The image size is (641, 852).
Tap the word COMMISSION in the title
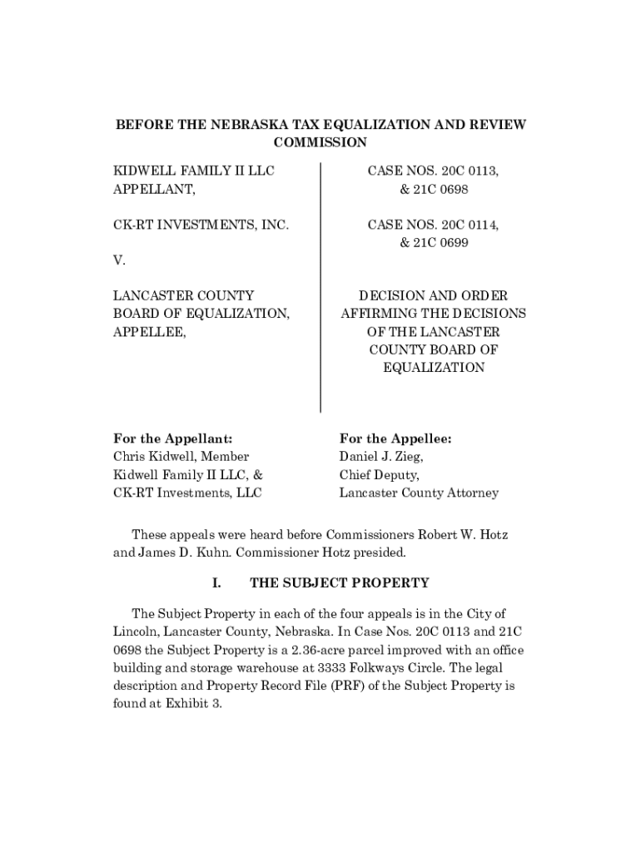pos(320,142)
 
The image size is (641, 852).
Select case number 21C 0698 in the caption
pos(434,190)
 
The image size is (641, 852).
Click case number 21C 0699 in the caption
pos(434,243)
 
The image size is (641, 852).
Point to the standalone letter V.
pos(119,260)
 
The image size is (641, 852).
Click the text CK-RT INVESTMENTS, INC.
pos(201,225)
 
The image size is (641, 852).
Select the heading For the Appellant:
pos(172,438)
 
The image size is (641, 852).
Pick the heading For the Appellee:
pos(395,438)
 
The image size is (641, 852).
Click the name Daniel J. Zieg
pos(381,457)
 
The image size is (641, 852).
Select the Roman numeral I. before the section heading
pos(216,582)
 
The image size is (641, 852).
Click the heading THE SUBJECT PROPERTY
pos(339,582)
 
